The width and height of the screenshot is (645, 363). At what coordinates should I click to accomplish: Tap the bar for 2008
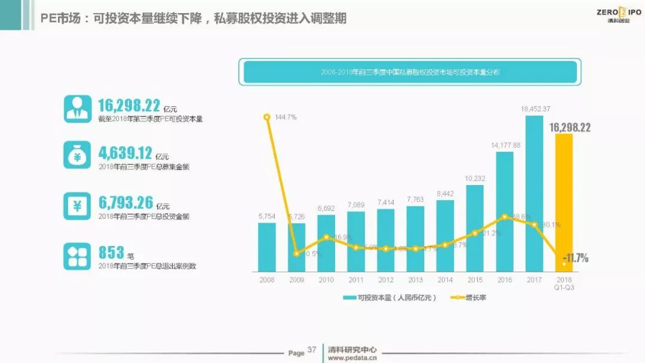(x=267, y=247)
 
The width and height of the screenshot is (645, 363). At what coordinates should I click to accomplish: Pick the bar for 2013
(x=416, y=238)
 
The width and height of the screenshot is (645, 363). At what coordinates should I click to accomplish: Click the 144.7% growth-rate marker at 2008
(x=267, y=116)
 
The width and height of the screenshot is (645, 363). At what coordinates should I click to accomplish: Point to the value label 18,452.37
(x=535, y=109)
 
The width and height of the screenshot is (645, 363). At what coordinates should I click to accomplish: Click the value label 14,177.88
(x=505, y=145)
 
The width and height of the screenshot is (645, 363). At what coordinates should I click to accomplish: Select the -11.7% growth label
(x=576, y=258)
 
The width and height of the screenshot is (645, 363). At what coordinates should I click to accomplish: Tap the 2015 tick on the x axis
(x=475, y=279)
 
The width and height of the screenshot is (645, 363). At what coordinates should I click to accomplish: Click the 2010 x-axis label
(x=326, y=279)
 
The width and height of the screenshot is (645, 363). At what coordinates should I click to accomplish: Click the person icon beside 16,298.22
(x=77, y=109)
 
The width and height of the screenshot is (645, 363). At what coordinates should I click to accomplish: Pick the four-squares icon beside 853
(x=77, y=256)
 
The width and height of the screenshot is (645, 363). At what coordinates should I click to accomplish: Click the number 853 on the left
(x=111, y=252)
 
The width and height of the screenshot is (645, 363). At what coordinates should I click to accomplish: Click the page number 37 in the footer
(x=312, y=350)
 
